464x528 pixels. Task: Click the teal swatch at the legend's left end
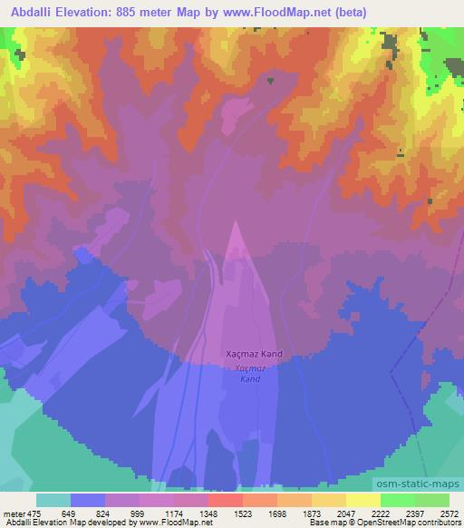click(53, 499)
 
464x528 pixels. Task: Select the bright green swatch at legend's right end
click(432, 499)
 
